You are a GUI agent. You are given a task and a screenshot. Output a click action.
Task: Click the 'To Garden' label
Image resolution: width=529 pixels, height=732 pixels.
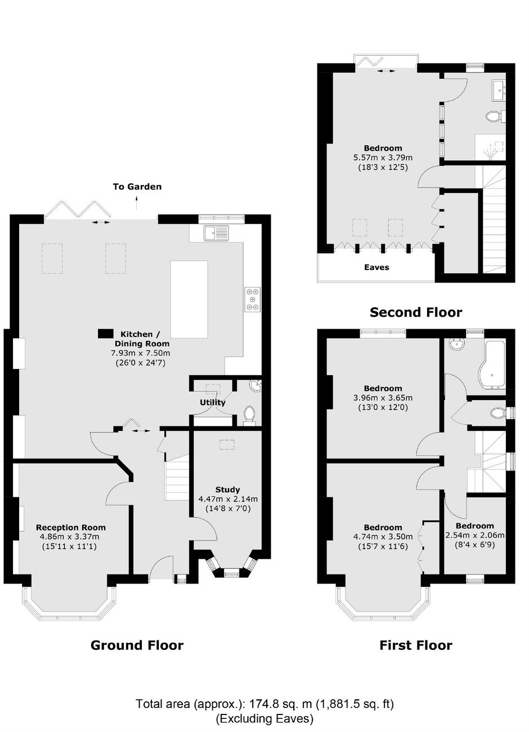click(137, 187)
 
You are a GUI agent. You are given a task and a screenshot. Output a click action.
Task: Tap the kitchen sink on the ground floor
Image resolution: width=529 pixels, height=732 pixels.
click(217, 232)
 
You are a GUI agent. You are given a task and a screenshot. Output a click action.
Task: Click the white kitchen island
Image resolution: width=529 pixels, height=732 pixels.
click(189, 299)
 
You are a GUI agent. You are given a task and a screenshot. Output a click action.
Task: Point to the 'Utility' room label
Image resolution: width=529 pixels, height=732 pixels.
click(213, 402)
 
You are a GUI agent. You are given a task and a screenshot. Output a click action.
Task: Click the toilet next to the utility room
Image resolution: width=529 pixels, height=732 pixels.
click(249, 416)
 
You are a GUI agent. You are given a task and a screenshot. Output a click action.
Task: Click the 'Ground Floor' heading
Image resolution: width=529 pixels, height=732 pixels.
click(137, 645)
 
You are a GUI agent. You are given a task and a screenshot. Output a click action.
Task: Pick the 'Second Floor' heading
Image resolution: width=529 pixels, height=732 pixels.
click(416, 312)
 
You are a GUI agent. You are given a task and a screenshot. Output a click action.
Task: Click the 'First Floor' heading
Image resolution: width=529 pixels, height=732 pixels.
click(416, 645)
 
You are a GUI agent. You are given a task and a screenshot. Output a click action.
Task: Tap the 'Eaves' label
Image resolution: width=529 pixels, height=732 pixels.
click(376, 267)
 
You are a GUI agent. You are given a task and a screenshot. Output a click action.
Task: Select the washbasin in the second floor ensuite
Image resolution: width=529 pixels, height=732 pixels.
click(498, 87)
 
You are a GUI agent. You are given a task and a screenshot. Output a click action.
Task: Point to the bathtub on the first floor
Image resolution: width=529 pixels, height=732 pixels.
click(492, 365)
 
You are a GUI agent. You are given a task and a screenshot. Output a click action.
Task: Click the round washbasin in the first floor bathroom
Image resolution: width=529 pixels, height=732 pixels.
click(455, 344)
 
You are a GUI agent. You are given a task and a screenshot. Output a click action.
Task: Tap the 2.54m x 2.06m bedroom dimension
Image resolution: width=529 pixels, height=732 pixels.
click(475, 535)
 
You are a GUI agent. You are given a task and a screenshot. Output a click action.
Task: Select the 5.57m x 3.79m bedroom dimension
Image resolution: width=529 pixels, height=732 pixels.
click(383, 158)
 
